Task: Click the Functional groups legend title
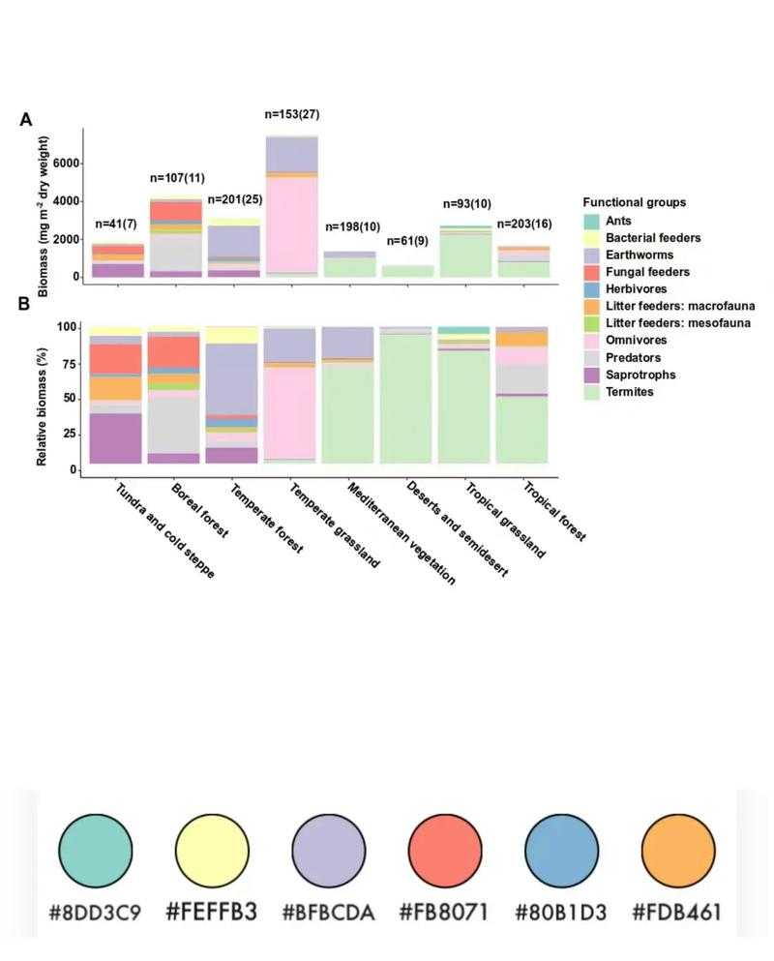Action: click(x=635, y=202)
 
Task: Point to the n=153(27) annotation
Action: click(x=292, y=114)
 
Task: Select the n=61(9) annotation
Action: click(x=408, y=241)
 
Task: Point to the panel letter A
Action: click(x=27, y=120)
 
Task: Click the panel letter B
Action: click(x=27, y=303)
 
